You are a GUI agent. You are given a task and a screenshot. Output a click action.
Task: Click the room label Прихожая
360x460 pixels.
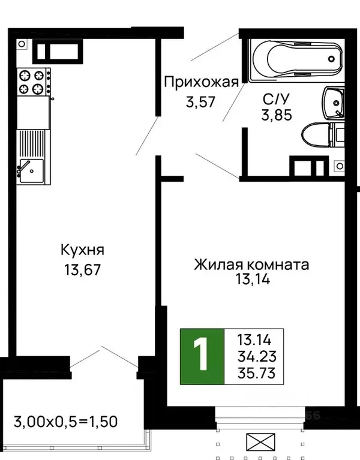(202, 82)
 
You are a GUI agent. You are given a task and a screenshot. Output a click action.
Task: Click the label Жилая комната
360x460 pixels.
(251, 264)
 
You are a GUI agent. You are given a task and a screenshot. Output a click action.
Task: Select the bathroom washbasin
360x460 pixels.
(334, 103)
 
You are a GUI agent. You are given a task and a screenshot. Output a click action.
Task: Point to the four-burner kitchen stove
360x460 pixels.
(32, 81)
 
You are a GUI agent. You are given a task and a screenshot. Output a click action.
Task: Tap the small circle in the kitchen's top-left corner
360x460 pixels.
(22, 44)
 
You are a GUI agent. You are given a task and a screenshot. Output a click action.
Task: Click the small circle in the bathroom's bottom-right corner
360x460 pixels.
(339, 165)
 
